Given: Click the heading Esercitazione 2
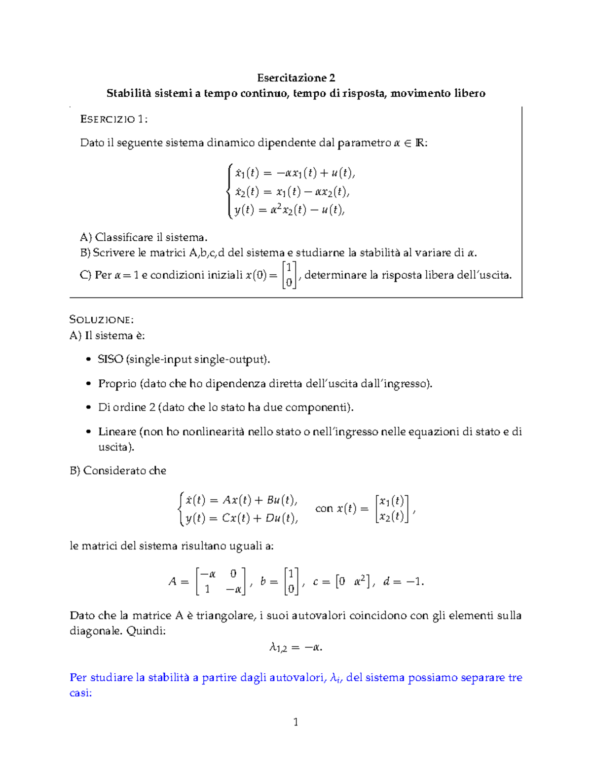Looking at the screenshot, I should [296, 78].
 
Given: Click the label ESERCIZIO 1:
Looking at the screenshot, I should [113, 119].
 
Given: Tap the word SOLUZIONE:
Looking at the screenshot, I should [102, 320].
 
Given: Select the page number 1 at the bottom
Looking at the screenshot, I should [296, 722].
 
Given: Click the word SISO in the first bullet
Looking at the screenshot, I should [111, 359].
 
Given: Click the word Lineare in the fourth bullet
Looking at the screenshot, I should [117, 432].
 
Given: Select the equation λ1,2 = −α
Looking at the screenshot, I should [296, 647].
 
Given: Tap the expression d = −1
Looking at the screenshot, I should [403, 582].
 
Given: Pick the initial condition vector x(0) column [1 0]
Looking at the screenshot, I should [290, 275].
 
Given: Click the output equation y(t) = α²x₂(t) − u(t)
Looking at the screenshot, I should [289, 210].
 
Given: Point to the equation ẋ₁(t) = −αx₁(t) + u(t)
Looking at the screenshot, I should [295, 173].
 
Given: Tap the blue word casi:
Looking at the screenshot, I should [81, 693].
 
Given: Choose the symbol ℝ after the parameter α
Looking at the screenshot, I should [420, 143].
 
